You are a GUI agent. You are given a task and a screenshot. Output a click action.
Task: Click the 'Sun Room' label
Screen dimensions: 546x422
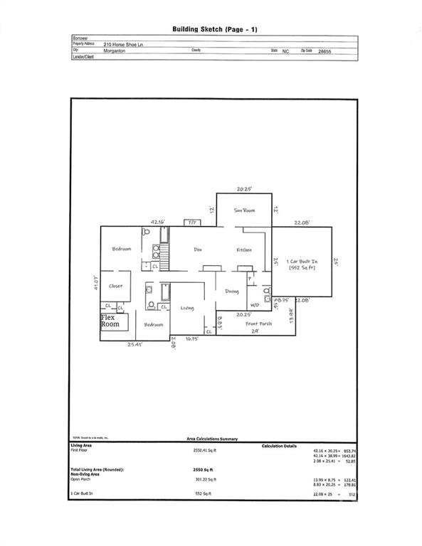pos(245,211)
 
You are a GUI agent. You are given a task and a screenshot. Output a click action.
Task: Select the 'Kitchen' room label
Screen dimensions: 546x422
pos(245,250)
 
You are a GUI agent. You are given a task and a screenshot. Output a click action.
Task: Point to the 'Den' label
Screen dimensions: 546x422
pos(199,250)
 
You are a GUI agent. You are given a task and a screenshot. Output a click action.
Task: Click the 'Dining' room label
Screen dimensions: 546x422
pos(232,291)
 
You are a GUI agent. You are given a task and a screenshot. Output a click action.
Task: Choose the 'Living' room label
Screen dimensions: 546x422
pos(187,308)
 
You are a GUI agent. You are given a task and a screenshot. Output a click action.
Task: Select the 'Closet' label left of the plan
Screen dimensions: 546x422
pos(115,286)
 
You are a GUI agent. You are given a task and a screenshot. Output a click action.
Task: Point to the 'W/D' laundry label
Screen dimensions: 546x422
pos(254,305)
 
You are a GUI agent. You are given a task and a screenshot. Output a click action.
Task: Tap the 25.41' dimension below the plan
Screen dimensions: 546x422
pos(135,344)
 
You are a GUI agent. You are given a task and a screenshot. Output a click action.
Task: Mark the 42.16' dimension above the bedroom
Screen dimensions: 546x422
pos(158,222)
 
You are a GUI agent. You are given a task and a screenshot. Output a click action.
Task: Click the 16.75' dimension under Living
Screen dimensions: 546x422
pos(191,339)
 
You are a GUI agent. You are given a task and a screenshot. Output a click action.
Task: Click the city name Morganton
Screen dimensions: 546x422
pos(117,51)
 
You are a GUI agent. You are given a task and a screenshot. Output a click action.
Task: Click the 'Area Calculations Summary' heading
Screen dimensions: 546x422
pos(212,439)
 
